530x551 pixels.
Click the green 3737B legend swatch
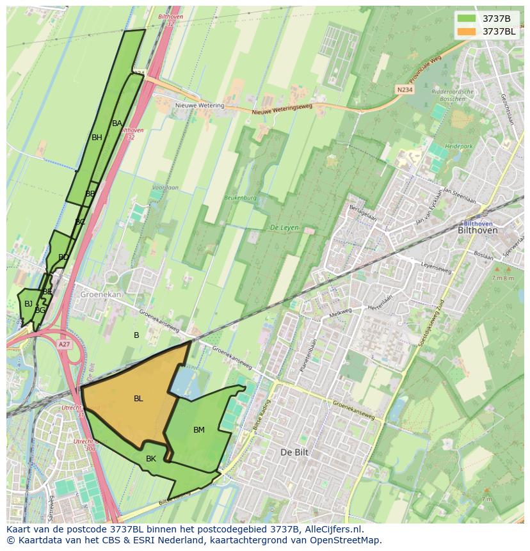click(x=467, y=19)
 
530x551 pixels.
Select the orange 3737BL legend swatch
click(x=467, y=31)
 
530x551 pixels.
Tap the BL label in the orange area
click(x=138, y=399)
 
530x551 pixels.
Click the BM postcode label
click(x=199, y=430)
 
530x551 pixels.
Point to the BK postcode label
click(x=151, y=459)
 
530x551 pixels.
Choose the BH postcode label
click(x=97, y=138)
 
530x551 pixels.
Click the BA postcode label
click(x=117, y=124)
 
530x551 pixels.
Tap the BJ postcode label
click(x=28, y=304)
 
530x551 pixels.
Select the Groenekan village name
click(x=100, y=295)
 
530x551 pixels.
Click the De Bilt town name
click(x=294, y=452)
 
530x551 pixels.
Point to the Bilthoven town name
click(x=478, y=230)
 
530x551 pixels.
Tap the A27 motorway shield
click(x=64, y=344)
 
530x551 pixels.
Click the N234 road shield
click(x=405, y=90)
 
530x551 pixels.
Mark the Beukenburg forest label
click(x=240, y=198)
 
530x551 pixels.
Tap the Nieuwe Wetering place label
click(x=200, y=106)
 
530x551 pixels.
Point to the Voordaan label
click(x=165, y=188)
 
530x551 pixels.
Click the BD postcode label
click(x=63, y=258)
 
